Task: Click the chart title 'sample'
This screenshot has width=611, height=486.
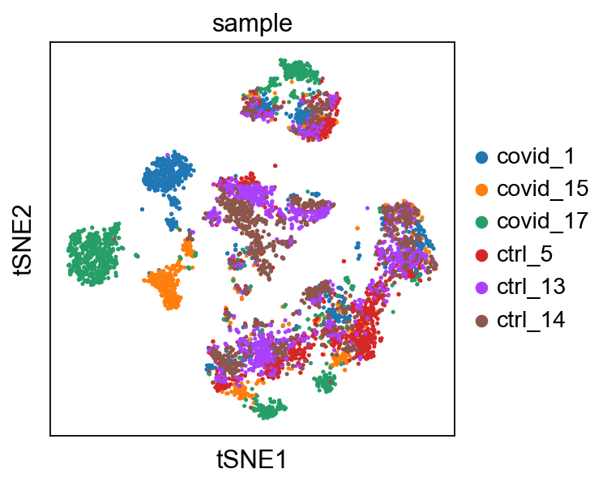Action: pos(252,23)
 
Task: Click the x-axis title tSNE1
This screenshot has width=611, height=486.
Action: pos(252,459)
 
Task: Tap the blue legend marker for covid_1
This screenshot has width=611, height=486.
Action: pos(482,157)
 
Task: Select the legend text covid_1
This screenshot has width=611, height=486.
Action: pos(536,156)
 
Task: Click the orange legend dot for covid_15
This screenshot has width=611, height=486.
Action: pos(482,190)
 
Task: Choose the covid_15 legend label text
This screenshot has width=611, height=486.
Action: pos(542,189)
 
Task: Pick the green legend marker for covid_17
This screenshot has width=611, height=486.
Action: pos(482,223)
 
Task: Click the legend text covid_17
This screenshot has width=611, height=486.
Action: pos(542,222)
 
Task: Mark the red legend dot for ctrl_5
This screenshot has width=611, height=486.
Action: pos(482,255)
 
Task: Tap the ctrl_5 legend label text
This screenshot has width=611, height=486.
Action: pos(524,254)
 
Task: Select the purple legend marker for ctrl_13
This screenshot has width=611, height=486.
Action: pos(482,288)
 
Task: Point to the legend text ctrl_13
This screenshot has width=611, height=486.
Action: pos(531,287)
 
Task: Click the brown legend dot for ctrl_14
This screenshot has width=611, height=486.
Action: pos(482,321)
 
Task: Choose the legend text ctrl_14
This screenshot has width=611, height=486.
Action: pos(531,320)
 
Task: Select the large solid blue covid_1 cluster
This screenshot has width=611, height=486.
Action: pos(167,173)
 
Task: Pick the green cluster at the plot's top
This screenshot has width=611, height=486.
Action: pos(299,70)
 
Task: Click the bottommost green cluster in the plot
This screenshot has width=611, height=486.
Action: pos(269,408)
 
